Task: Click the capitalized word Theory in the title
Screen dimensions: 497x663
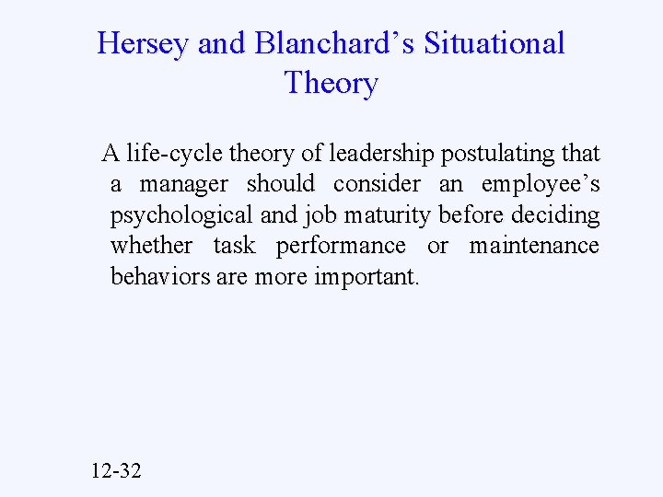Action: (331, 84)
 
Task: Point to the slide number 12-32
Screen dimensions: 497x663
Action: (117, 471)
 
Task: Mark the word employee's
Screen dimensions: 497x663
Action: (541, 184)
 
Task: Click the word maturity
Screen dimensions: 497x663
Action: (391, 215)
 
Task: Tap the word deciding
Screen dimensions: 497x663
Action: (558, 215)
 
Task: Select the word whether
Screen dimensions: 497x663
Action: (151, 246)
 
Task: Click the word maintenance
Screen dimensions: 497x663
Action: (534, 246)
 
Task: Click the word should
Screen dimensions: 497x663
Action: (281, 184)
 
